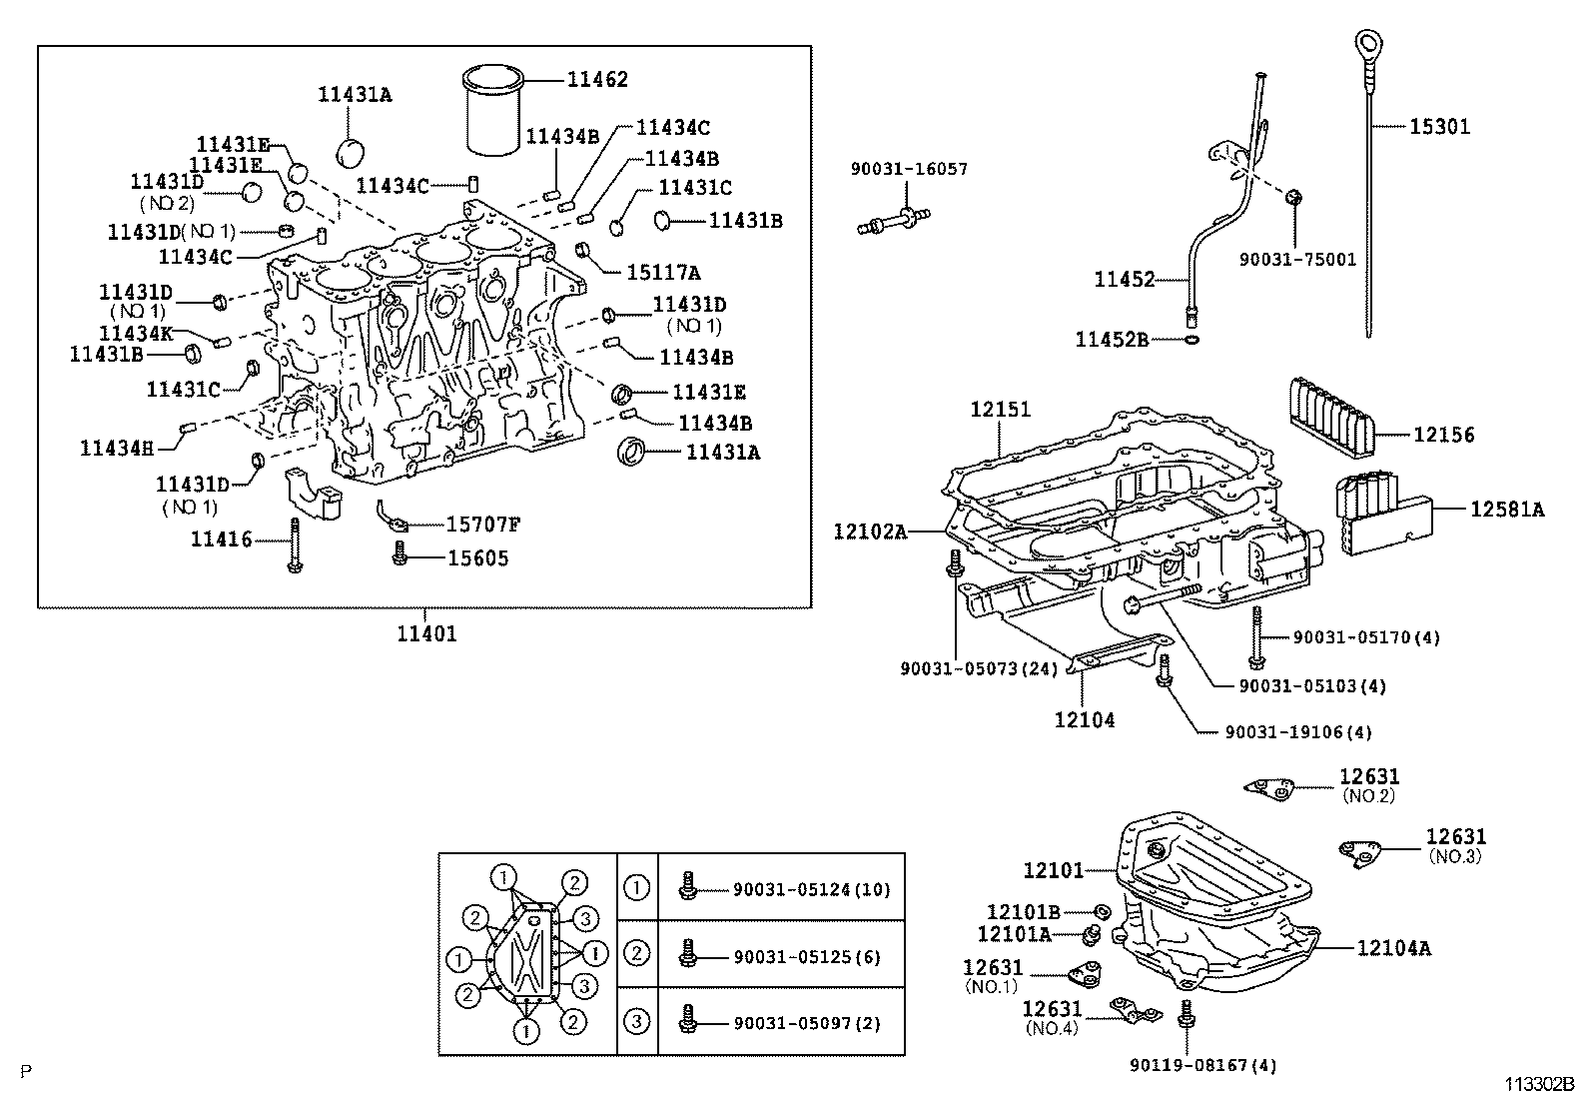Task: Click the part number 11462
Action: pos(597,80)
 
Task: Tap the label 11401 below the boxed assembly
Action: pos(426,633)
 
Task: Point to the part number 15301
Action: pos(1439,127)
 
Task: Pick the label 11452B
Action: pos(1112,340)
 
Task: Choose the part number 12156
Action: pos(1443,435)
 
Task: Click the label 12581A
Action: pos(1506,510)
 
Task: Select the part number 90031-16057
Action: pos(909,170)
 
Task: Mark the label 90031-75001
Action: pos(1297,259)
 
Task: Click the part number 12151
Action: pos(1001,410)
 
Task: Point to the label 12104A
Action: pos(1393,948)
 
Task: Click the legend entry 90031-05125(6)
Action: pos(806,956)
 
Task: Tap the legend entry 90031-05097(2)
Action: pos(806,1023)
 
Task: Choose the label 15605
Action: pos(476,557)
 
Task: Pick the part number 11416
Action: pos(222,541)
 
